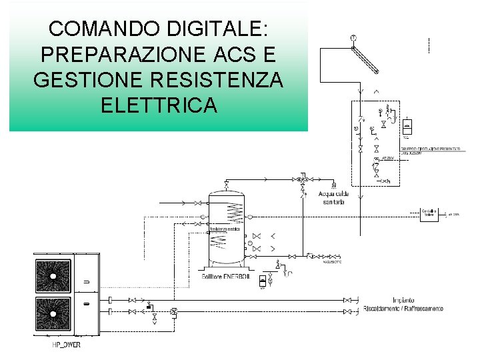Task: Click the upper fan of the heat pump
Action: [53, 275]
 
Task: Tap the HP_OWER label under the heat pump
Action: [66, 345]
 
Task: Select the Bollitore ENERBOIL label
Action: [225, 276]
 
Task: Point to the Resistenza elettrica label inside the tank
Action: [224, 229]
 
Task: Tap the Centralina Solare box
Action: [429, 214]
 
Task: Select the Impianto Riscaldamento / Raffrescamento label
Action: [403, 304]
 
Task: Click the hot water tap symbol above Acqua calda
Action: [333, 184]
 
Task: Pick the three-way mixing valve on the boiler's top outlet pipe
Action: [302, 180]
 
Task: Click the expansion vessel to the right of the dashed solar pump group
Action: [407, 126]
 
